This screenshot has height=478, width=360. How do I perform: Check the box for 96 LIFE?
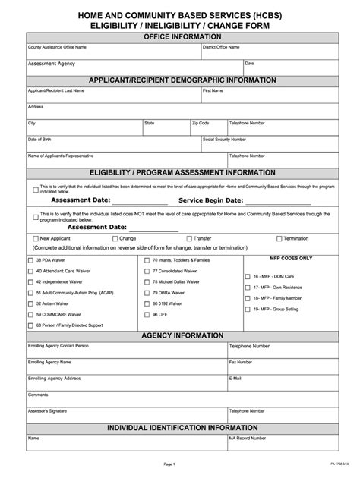(x=147, y=313)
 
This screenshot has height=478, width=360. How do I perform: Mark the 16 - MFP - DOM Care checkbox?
(x=248, y=277)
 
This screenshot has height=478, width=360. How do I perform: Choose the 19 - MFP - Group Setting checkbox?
(x=248, y=309)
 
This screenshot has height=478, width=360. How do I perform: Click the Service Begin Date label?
(x=210, y=200)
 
